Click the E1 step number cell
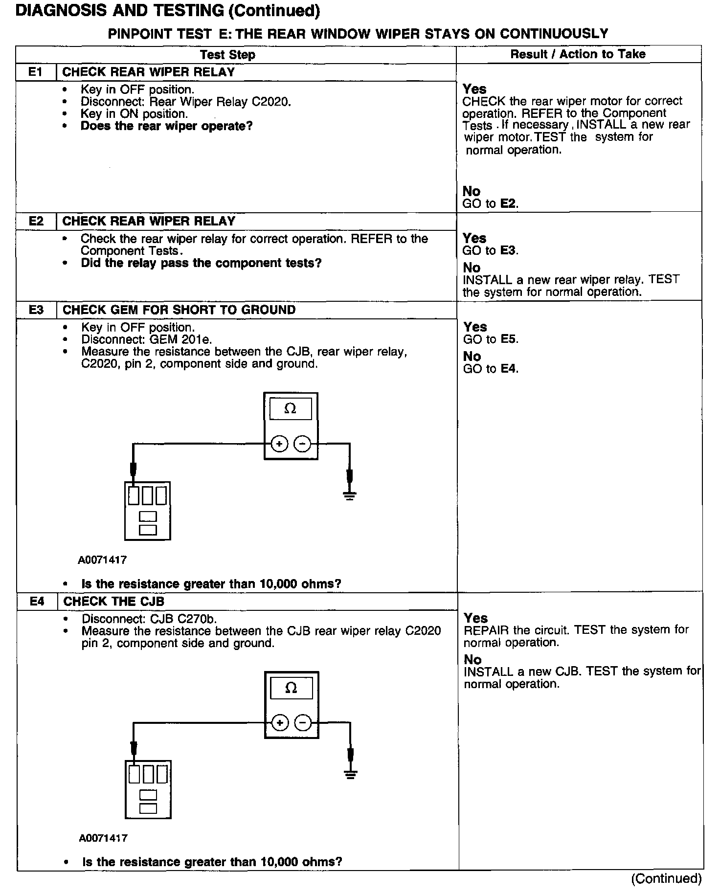[x=36, y=72]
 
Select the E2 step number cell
[x=36, y=221]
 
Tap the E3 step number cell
[x=37, y=310]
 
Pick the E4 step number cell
[x=37, y=602]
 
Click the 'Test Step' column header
[x=227, y=55]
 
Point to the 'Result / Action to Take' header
[x=578, y=54]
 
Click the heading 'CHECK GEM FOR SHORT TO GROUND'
[x=179, y=310]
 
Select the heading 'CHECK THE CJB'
[x=113, y=602]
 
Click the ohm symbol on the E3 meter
[x=290, y=409]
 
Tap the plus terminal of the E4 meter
[x=279, y=723]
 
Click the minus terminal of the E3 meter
[x=303, y=444]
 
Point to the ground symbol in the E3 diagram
[x=349, y=495]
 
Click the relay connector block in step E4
[x=148, y=789]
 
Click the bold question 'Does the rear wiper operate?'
[x=166, y=126]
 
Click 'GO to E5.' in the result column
[x=491, y=339]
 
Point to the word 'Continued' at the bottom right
[x=666, y=879]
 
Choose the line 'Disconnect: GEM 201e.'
[x=146, y=339]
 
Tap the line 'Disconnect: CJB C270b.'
[x=149, y=619]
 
